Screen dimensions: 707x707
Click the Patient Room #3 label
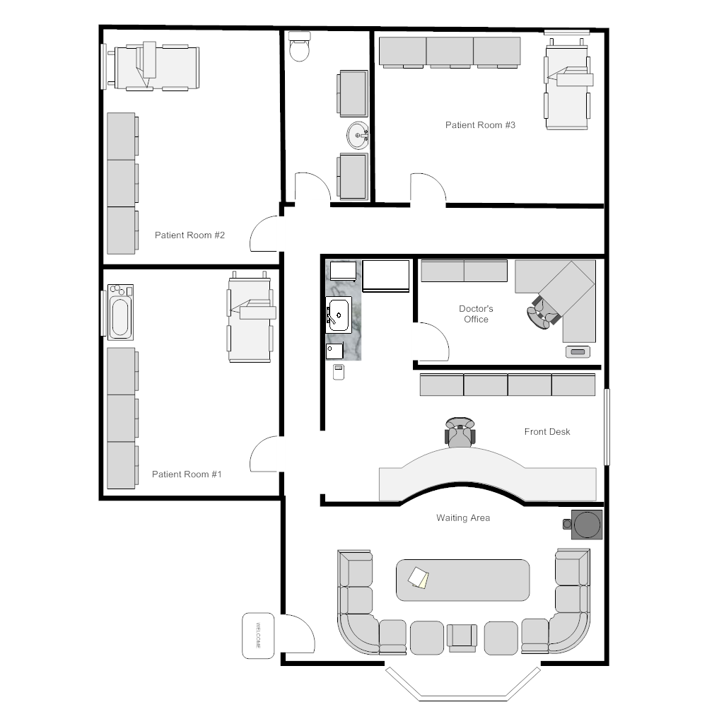(480, 125)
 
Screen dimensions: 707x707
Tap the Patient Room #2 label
(189, 235)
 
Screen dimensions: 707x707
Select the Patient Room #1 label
(187, 474)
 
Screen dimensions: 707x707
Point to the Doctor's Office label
(476, 314)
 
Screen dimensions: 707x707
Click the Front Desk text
(547, 431)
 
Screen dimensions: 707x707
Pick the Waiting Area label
(462, 518)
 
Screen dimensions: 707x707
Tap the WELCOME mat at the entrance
(258, 635)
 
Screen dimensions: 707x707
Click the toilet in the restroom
(300, 48)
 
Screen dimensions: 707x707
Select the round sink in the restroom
(358, 134)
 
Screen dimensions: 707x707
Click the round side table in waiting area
(587, 525)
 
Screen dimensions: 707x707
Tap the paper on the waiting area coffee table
(419, 578)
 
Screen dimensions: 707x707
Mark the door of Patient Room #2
(267, 233)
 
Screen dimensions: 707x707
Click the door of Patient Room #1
(267, 455)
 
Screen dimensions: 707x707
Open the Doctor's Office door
(432, 341)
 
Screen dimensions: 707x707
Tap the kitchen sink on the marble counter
(339, 315)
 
